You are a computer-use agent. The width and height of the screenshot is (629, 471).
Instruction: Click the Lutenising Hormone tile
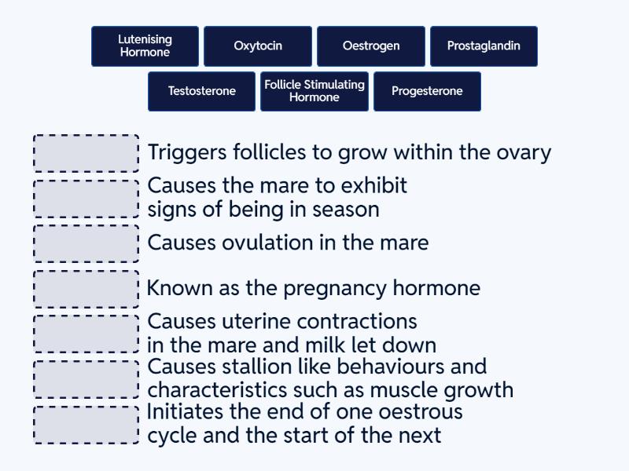click(145, 46)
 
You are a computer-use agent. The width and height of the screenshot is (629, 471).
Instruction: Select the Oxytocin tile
click(258, 46)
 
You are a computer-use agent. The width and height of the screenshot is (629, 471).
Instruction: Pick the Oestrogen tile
click(371, 46)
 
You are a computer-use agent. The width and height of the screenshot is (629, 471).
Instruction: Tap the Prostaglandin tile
click(484, 46)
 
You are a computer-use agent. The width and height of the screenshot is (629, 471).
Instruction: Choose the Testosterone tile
click(202, 92)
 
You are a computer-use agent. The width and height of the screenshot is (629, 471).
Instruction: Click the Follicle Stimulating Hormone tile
click(314, 92)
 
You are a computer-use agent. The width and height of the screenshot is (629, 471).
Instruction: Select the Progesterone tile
click(427, 92)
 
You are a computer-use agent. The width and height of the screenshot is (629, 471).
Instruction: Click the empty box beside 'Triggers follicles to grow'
click(86, 153)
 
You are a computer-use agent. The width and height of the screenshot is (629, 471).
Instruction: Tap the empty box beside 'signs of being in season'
click(86, 199)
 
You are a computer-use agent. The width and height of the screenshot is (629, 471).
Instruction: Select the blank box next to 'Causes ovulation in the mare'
click(86, 243)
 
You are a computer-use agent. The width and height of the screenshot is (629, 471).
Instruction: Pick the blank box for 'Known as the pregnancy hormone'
click(86, 289)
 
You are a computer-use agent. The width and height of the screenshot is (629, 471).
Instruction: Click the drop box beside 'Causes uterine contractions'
click(86, 334)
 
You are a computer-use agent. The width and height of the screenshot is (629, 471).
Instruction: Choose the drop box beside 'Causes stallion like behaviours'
click(86, 379)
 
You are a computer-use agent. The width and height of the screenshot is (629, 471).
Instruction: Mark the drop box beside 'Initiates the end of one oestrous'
click(86, 425)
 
